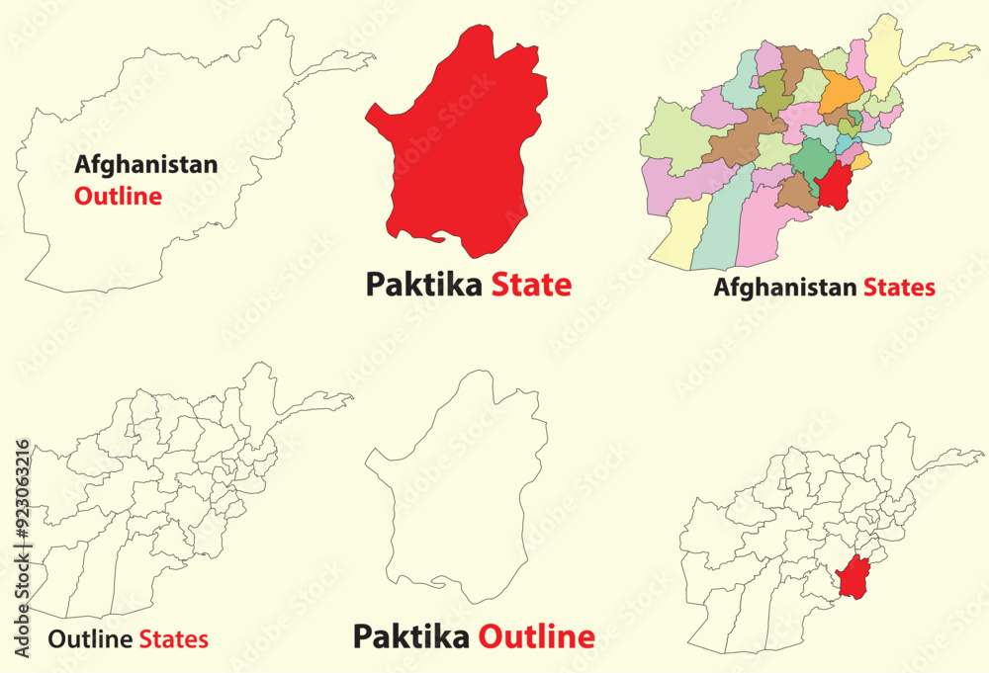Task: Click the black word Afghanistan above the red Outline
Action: [145, 165]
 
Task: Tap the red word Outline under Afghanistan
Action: [118, 196]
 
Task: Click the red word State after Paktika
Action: [531, 286]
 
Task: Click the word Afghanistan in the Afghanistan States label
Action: [785, 289]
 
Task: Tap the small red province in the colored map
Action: [836, 187]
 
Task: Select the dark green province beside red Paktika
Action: [811, 159]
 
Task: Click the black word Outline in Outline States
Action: [90, 639]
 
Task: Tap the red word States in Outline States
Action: [173, 639]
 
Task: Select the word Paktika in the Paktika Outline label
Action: [412, 636]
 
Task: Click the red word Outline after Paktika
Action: [537, 636]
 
